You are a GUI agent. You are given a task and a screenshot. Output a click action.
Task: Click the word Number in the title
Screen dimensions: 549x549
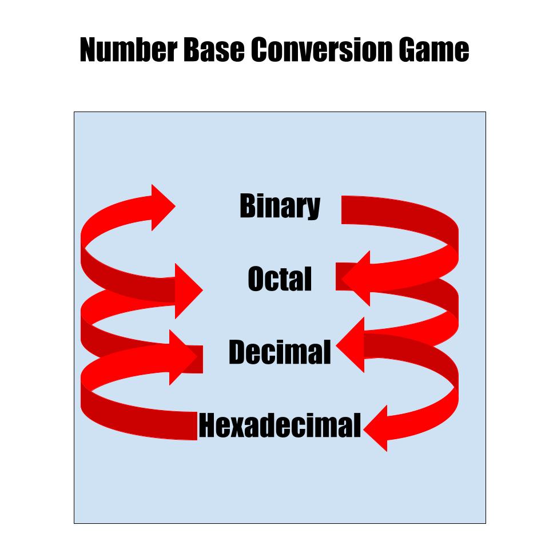point(129,49)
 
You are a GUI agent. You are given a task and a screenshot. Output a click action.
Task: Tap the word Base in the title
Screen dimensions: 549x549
point(213,49)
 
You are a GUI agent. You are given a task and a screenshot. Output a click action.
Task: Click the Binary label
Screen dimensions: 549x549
point(280,206)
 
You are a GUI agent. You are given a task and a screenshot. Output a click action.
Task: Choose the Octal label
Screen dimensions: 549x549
point(280,279)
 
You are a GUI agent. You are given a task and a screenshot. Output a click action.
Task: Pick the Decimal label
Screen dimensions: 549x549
point(280,352)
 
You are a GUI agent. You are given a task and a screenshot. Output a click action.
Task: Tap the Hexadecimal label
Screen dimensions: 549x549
point(280,425)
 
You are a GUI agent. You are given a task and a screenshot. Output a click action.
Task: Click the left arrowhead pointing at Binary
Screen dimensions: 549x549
point(161,207)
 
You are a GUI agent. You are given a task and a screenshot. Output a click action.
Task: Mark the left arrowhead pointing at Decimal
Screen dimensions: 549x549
point(181,357)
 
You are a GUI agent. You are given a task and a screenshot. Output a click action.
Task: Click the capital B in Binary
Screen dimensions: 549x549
point(248,205)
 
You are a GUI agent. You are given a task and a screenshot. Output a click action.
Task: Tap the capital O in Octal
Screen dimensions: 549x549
point(256,279)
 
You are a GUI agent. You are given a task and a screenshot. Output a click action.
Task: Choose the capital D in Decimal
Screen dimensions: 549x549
point(238,352)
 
